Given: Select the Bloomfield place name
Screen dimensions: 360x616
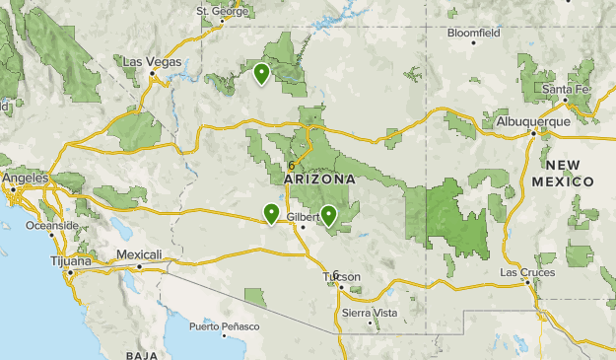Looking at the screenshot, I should pyautogui.click(x=473, y=32).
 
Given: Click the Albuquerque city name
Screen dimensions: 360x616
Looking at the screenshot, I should pyautogui.click(x=533, y=120).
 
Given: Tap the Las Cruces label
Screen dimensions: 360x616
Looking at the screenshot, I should pyautogui.click(x=527, y=271).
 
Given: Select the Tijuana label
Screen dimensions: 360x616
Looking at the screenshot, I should pyautogui.click(x=72, y=261).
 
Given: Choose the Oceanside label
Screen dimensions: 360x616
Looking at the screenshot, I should pyautogui.click(x=51, y=225).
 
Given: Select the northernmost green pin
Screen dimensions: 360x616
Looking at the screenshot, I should pyautogui.click(x=261, y=73).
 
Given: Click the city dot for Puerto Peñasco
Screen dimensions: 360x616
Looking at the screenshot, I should pyautogui.click(x=225, y=336).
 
